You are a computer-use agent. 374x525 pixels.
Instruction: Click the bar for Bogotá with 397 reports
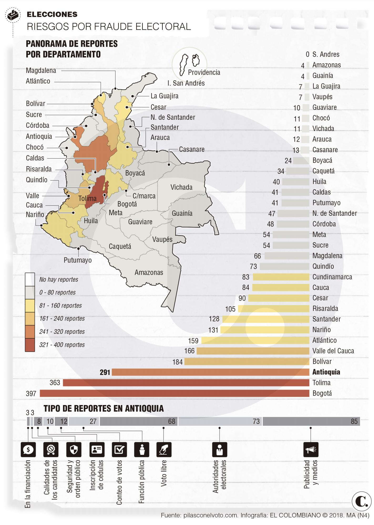click(174, 393)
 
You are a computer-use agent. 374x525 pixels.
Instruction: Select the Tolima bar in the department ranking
click(186, 383)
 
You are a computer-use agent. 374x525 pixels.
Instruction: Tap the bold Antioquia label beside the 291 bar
click(326, 372)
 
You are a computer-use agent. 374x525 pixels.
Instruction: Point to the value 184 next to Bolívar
click(177, 362)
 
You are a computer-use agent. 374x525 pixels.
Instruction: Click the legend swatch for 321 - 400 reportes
click(30, 345)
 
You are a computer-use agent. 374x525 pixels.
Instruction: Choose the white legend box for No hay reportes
click(30, 279)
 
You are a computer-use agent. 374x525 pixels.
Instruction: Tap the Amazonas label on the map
click(149, 272)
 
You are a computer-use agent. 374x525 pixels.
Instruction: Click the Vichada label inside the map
click(181, 187)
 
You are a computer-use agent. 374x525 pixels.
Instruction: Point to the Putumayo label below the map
click(78, 260)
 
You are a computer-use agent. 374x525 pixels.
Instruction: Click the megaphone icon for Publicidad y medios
click(311, 450)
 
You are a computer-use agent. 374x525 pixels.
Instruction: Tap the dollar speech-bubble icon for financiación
click(28, 450)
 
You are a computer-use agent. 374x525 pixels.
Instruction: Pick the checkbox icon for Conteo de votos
click(119, 450)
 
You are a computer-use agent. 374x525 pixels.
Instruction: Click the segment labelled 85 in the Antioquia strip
click(311, 421)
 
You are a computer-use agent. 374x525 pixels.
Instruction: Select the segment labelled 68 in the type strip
click(139, 421)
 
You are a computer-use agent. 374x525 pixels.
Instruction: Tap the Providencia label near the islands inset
click(204, 72)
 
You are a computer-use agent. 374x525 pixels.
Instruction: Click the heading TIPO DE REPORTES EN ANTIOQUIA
click(104, 408)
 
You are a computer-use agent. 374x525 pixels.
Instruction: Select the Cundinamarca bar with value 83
click(281, 277)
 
